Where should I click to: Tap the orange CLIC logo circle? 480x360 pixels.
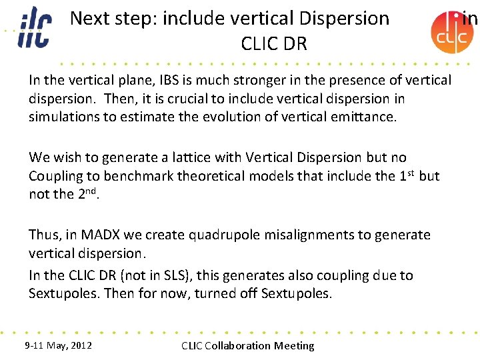pyautogui.click(x=452, y=33)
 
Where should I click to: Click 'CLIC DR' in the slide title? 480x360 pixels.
pyautogui.click(x=274, y=44)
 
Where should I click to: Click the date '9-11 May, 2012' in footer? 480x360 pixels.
pyautogui.click(x=58, y=345)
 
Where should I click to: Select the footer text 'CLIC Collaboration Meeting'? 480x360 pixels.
pyautogui.click(x=247, y=345)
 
